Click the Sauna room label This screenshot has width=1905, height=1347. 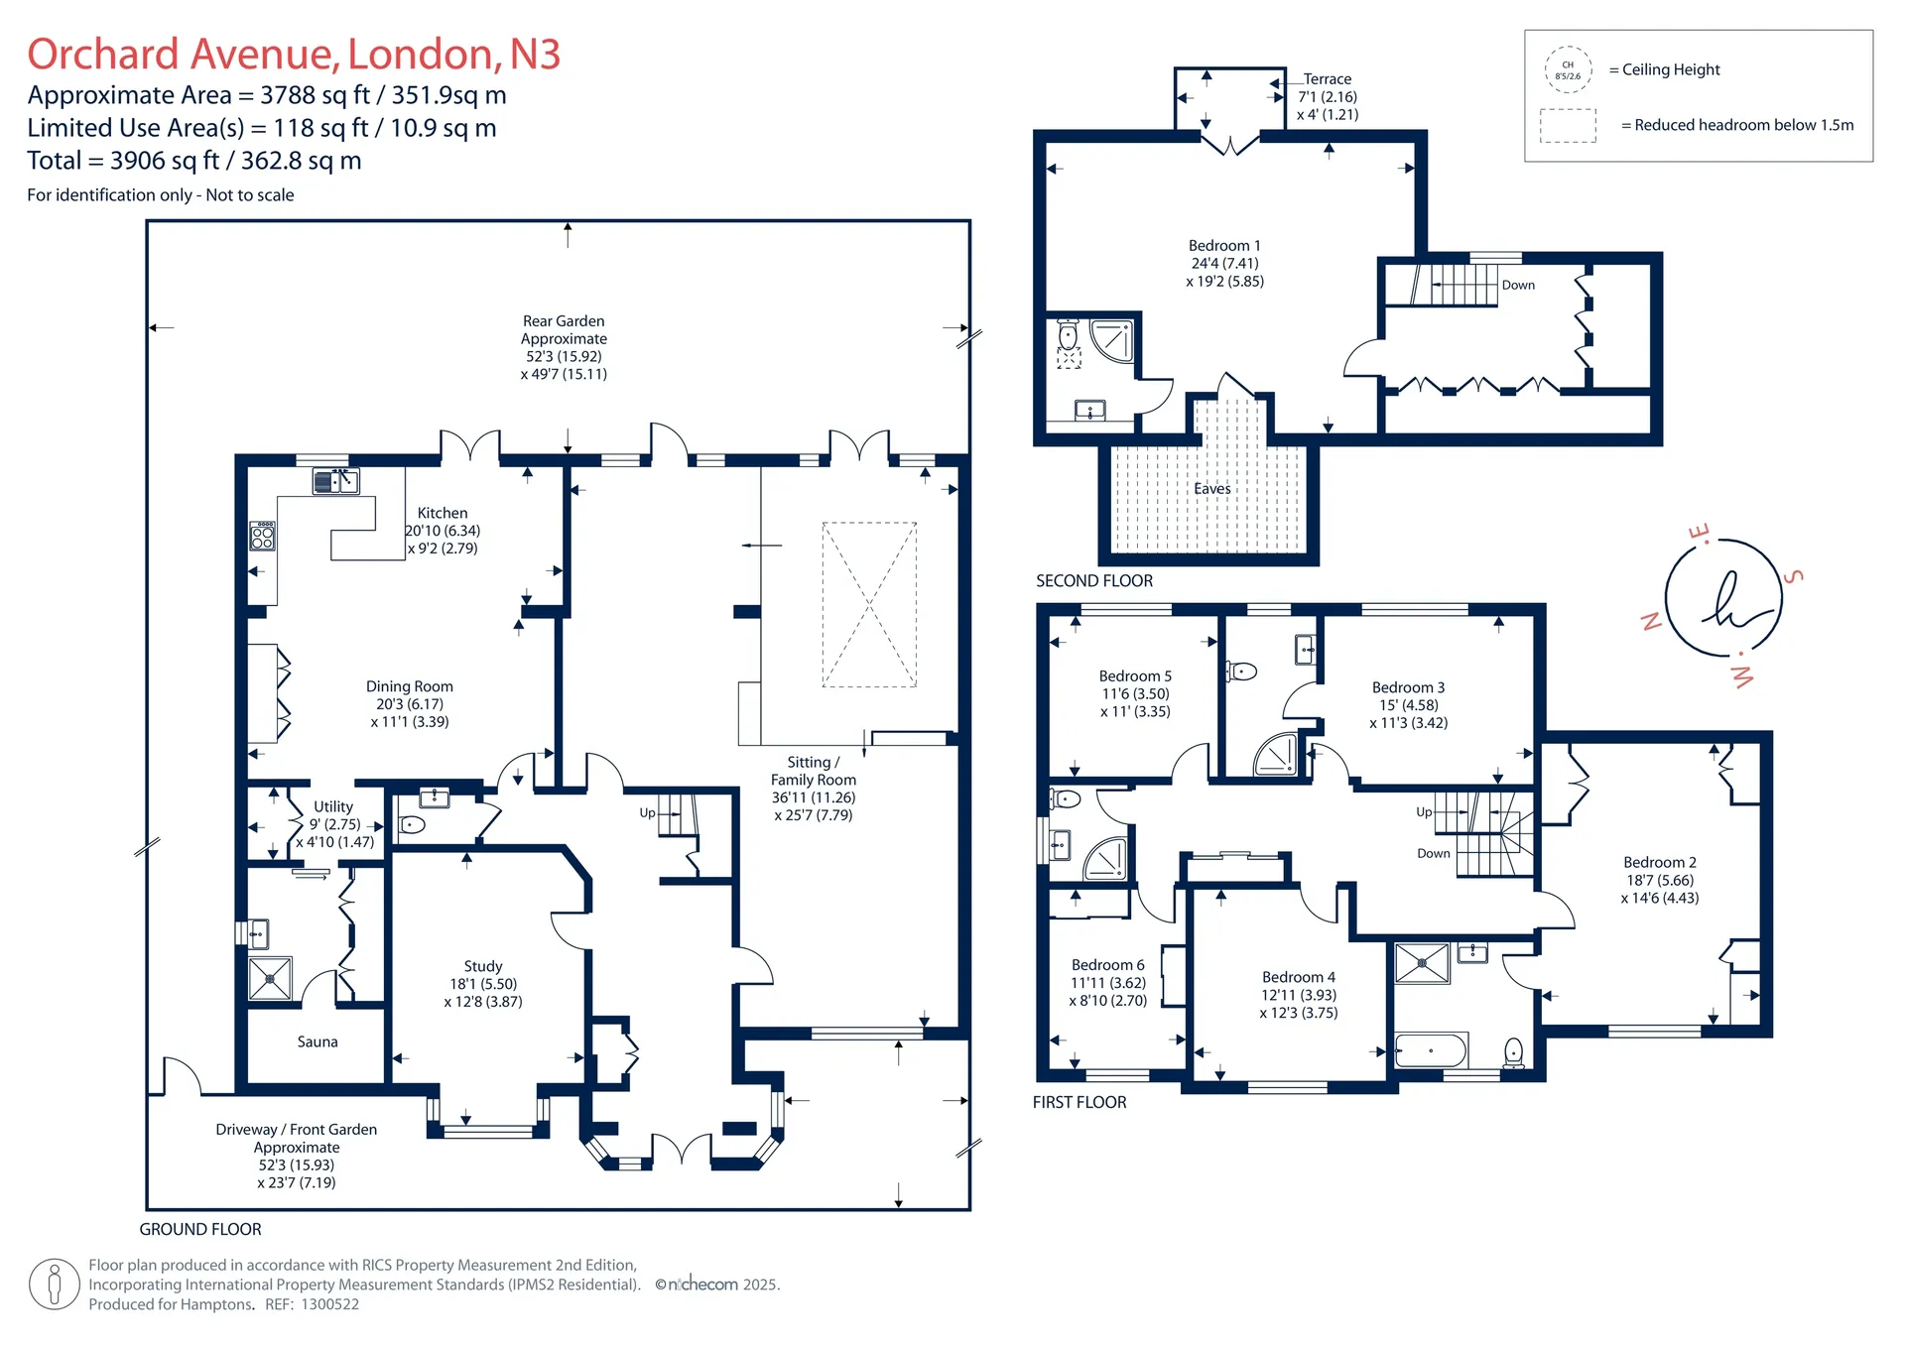(x=317, y=1041)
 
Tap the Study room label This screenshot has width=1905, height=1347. (x=483, y=966)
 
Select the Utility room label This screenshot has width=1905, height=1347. (x=333, y=806)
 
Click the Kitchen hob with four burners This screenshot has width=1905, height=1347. (x=263, y=536)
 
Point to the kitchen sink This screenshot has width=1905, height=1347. (x=336, y=481)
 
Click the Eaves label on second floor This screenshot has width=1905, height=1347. (x=1212, y=488)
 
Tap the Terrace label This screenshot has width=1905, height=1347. (x=1328, y=79)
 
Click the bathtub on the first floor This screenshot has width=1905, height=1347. (x=1431, y=1050)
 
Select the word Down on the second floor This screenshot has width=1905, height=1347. (x=1518, y=285)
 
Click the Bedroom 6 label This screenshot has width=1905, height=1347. (x=1108, y=965)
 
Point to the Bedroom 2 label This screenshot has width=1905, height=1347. (x=1660, y=862)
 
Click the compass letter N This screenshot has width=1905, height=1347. (x=1651, y=622)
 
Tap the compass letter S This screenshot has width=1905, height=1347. (x=1794, y=576)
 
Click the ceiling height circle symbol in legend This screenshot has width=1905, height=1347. (x=1568, y=69)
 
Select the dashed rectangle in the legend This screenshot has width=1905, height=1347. (x=1568, y=126)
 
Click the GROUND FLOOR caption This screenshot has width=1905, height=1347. (x=200, y=1229)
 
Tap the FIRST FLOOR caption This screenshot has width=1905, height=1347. (x=1079, y=1102)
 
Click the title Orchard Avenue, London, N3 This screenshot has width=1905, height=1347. (x=294, y=54)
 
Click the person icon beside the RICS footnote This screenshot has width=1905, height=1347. (x=55, y=1285)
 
